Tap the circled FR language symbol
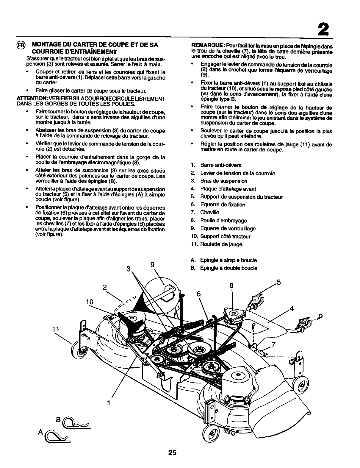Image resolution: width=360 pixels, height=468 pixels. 21,46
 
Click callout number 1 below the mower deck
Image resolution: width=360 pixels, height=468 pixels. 109,403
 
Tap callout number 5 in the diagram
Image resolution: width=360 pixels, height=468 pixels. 278,282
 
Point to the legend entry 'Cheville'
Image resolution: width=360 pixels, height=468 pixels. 210,213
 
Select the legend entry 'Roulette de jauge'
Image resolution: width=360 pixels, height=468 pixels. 221,244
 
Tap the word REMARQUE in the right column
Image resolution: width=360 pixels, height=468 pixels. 207,46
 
